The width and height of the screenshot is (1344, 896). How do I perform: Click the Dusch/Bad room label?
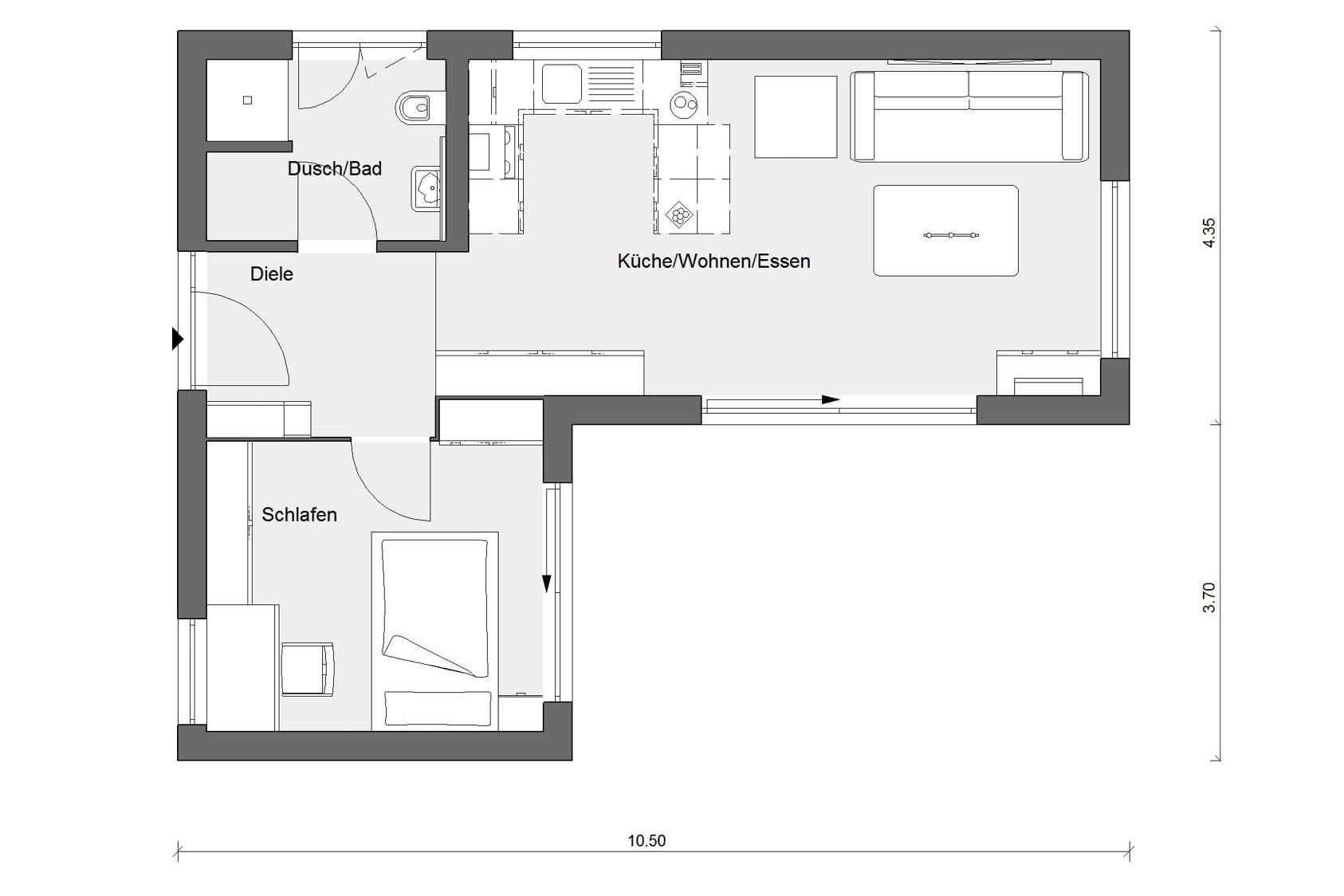[x=335, y=169]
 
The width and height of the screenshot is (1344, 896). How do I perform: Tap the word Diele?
[x=272, y=274]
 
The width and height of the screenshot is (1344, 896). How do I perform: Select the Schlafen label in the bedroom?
[x=300, y=515]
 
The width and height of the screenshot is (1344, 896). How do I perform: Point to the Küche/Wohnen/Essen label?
[x=714, y=261]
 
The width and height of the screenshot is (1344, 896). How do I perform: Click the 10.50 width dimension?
[x=646, y=841]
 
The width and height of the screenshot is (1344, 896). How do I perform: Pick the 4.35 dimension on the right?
[x=1209, y=232]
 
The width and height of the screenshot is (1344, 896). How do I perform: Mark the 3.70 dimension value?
[x=1209, y=597]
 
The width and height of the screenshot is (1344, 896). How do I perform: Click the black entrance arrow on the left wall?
[x=177, y=339]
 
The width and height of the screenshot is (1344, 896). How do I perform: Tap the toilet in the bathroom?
[x=419, y=108]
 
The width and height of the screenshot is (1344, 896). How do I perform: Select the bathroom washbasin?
[x=426, y=188]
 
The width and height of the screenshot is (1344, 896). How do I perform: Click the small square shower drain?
[x=247, y=100]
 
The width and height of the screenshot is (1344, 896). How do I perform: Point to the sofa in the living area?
[x=969, y=116]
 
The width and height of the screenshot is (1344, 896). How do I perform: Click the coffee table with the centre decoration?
[x=945, y=230]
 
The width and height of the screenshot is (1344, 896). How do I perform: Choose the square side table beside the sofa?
[x=796, y=117]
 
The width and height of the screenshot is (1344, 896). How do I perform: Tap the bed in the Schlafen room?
[x=435, y=631]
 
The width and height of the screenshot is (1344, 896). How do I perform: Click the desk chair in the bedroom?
[x=307, y=669]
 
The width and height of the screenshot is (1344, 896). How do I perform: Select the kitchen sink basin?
[x=562, y=84]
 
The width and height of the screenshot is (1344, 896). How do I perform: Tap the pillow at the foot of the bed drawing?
[x=438, y=709]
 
